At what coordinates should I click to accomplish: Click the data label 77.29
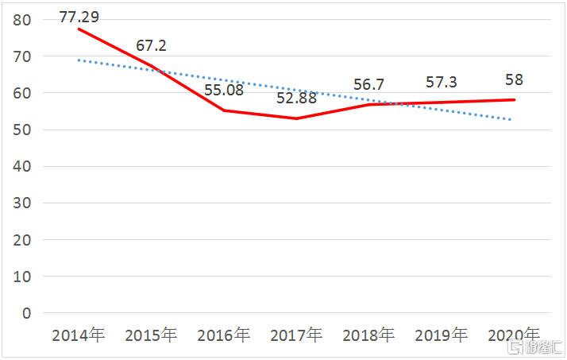[79, 15]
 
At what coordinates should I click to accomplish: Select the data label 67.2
[151, 45]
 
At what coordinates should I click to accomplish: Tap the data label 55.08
[224, 89]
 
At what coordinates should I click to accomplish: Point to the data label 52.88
[296, 99]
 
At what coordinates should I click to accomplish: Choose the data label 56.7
[369, 85]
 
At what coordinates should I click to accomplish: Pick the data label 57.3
[442, 83]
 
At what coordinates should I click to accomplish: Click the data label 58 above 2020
[514, 80]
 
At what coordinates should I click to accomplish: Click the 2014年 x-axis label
[78, 335]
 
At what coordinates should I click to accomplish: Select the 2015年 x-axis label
[151, 335]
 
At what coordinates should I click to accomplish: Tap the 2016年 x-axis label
[223, 335]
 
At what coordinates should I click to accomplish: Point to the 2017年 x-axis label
[296, 335]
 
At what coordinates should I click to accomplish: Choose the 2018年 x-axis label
[368, 335]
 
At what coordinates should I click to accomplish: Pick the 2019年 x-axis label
[442, 335]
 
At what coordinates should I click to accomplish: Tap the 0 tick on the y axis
[26, 313]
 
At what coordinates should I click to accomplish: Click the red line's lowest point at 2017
[296, 118]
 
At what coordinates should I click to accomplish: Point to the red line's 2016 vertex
[223, 110]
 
